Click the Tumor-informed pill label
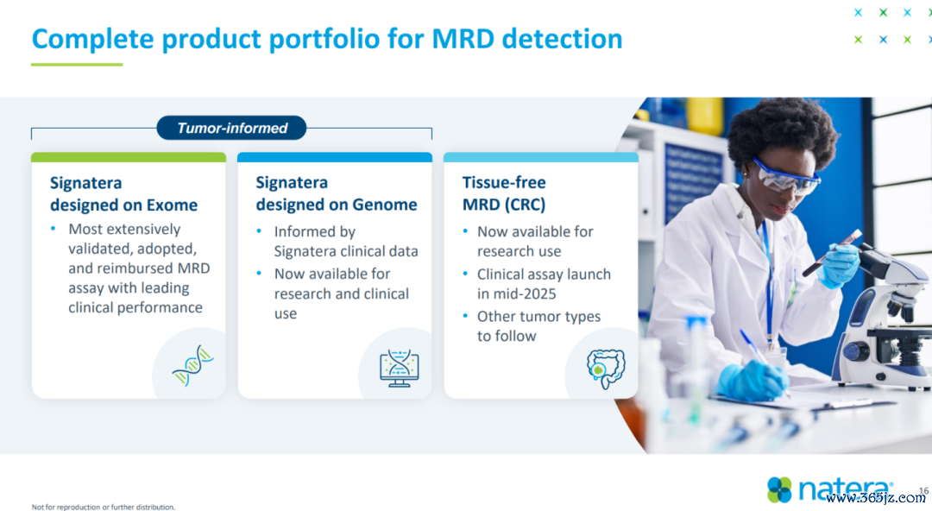pos(232,128)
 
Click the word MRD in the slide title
pos(463,39)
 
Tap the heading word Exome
pos(172,205)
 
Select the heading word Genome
pos(385,204)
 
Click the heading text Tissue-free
pos(504,182)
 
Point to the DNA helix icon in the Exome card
pos(192,365)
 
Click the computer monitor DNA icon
pos(399,369)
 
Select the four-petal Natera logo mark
pos(779,489)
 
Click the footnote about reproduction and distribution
pos(104,507)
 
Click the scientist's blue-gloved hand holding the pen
pos(750,380)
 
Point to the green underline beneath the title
pos(77,64)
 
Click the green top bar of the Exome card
pos(129,157)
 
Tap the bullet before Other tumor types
pos(465,316)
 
